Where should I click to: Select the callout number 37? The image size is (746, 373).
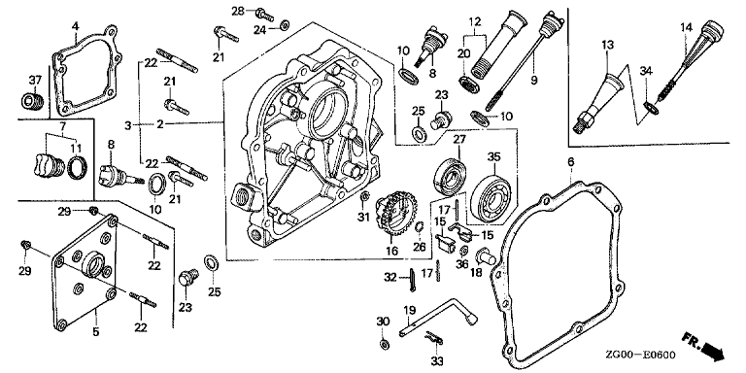click(x=35, y=81)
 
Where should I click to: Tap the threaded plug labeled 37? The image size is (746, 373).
click(x=34, y=100)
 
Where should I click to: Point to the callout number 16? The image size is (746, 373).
click(x=392, y=251)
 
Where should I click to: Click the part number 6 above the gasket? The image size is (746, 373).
click(x=571, y=162)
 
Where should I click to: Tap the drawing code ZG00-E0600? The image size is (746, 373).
click(x=640, y=355)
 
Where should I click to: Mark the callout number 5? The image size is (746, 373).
click(x=95, y=331)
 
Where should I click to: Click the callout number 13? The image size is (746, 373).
click(x=607, y=45)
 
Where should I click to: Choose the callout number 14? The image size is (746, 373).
click(x=686, y=27)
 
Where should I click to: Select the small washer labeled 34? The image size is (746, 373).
click(x=651, y=107)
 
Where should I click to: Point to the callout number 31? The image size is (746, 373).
click(x=363, y=217)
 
